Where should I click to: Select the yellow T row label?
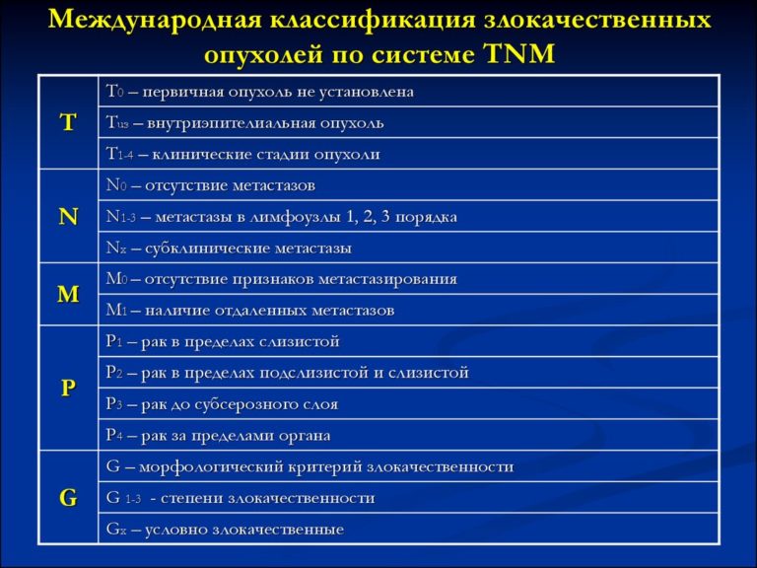[68, 122]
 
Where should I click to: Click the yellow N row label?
[68, 216]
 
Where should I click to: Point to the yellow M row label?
[68, 294]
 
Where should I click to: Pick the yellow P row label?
[68, 388]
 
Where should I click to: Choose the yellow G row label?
[68, 498]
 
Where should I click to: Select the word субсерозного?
[239, 404]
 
